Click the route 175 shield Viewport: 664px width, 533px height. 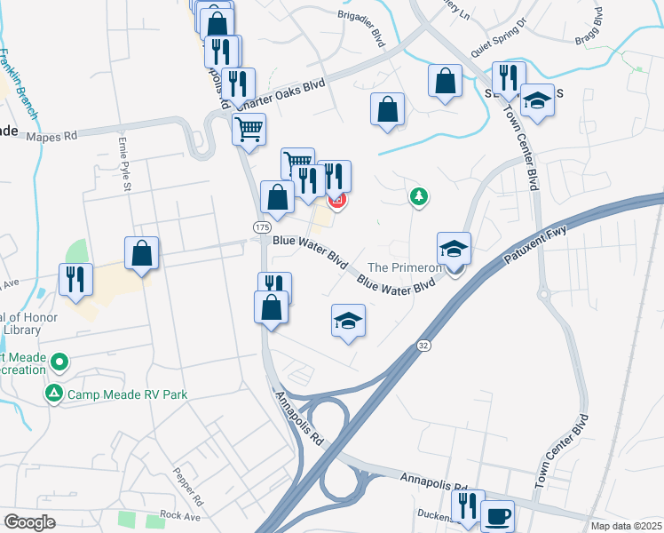click(262, 228)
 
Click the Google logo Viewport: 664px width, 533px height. click(29, 521)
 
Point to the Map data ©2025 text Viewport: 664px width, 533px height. click(626, 526)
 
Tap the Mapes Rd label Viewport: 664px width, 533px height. click(52, 137)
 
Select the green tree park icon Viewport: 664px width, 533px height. click(418, 196)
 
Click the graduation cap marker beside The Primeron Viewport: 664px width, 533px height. click(454, 250)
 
